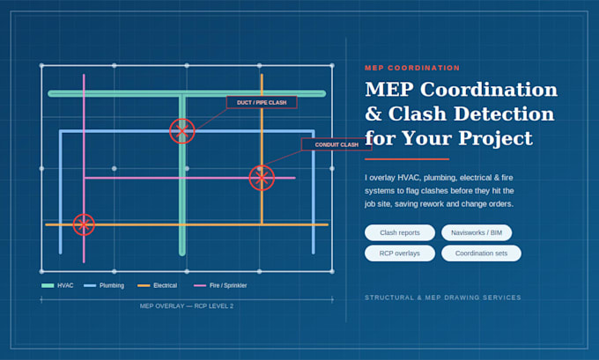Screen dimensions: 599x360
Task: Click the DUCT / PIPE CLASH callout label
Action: (262, 102)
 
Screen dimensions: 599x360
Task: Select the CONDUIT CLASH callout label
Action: (336, 144)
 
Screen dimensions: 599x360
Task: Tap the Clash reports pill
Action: (400, 232)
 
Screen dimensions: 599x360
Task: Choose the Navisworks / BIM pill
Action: (477, 232)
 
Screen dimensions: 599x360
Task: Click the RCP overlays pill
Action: (400, 253)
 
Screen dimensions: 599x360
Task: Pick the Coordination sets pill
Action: (481, 253)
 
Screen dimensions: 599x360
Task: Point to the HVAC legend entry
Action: (57, 285)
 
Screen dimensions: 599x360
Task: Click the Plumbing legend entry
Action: (104, 285)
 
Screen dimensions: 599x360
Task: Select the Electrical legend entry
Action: (158, 285)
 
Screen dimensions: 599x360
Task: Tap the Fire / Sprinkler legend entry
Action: (220, 285)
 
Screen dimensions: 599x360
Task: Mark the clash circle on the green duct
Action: (182, 119)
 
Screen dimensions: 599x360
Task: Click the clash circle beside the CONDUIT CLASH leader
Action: (262, 165)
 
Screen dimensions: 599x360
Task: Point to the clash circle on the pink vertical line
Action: (84, 214)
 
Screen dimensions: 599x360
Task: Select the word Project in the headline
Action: (495, 138)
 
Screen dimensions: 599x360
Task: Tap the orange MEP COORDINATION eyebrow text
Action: (412, 68)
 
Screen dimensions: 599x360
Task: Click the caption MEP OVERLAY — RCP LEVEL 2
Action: (187, 305)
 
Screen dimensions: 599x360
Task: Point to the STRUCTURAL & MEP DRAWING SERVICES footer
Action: (443, 298)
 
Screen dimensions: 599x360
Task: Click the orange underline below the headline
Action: (407, 158)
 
